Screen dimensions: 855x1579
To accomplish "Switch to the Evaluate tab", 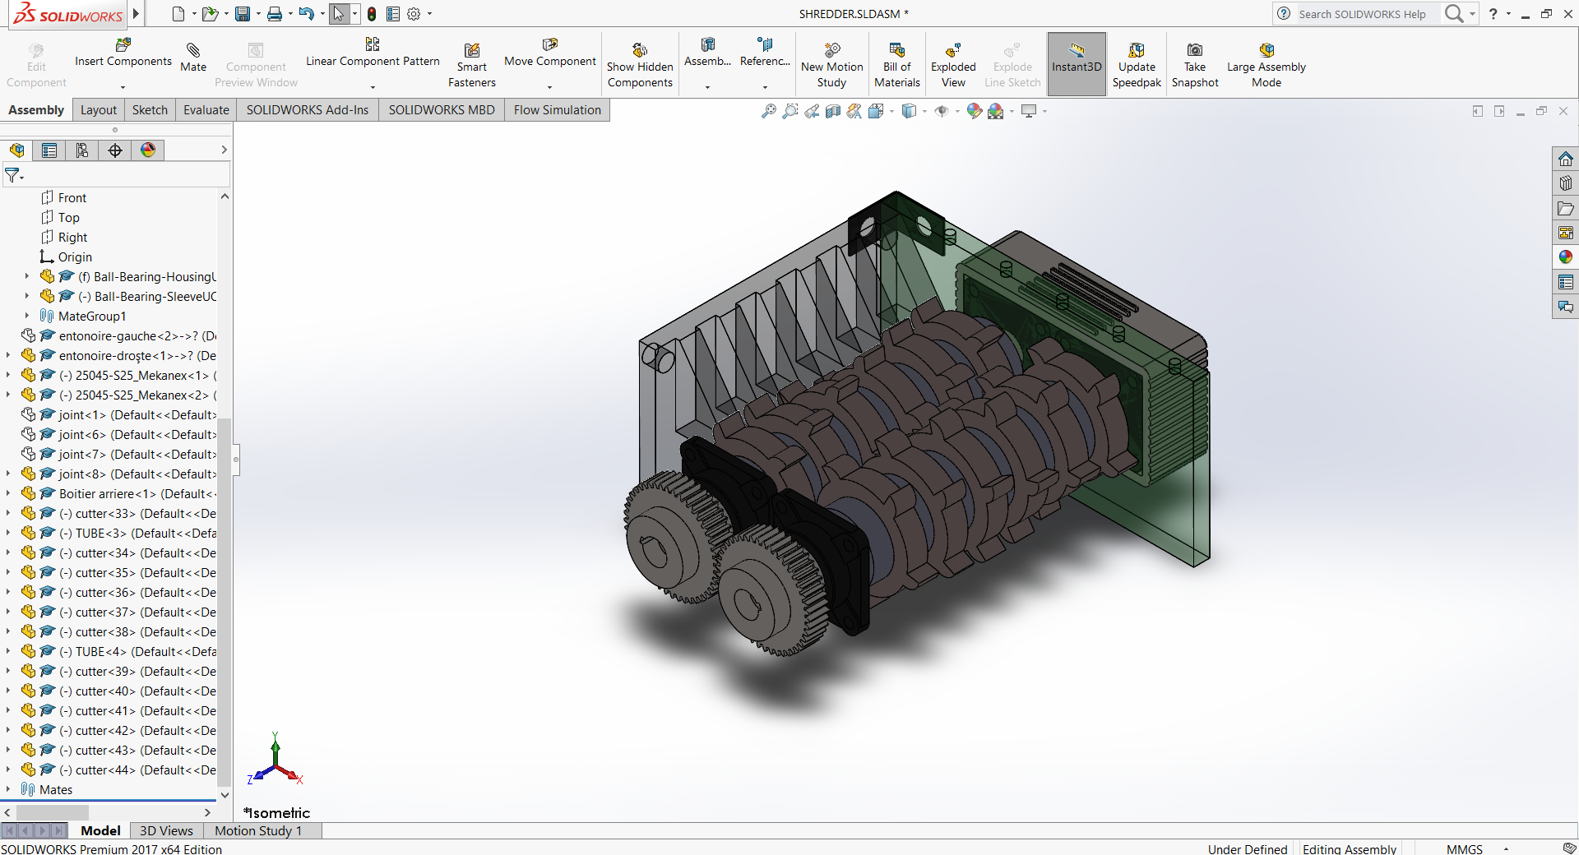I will [206, 110].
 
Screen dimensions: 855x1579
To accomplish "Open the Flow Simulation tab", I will [557, 110].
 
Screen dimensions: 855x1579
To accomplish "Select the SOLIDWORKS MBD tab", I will [441, 110].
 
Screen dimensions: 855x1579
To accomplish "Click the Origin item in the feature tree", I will [75, 257].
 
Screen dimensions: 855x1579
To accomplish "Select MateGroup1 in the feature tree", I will [92, 317].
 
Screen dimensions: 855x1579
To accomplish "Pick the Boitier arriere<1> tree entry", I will [107, 494].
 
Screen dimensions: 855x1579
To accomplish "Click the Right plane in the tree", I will [72, 238].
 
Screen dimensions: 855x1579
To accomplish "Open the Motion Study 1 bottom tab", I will [258, 831].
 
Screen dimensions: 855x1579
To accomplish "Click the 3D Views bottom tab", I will [166, 831].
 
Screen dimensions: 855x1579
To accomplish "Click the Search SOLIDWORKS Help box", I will [1361, 14].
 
